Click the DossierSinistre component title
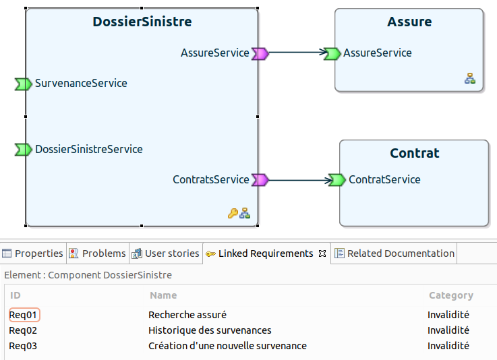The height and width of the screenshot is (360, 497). pyautogui.click(x=142, y=22)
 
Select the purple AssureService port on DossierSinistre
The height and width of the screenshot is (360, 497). pyautogui.click(x=260, y=53)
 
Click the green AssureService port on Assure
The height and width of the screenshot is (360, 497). pyautogui.click(x=332, y=53)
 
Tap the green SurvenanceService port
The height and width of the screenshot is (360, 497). pyautogui.click(x=24, y=84)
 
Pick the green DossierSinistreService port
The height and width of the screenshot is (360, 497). pyautogui.click(x=24, y=150)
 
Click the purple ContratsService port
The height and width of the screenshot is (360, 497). pyautogui.click(x=260, y=180)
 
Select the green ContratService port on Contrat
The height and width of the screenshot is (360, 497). pyautogui.click(x=337, y=180)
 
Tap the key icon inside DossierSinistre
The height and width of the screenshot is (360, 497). pyautogui.click(x=233, y=213)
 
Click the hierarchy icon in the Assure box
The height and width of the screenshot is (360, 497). pyautogui.click(x=470, y=78)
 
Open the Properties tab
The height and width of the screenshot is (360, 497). pyautogui.click(x=33, y=253)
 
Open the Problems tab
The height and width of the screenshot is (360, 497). pyautogui.click(x=98, y=253)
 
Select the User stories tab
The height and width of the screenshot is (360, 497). pyautogui.click(x=166, y=253)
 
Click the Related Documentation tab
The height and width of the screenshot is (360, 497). pyautogui.click(x=394, y=253)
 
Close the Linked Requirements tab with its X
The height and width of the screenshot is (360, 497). pyautogui.click(x=322, y=253)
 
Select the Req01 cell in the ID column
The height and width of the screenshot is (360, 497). pyautogui.click(x=23, y=315)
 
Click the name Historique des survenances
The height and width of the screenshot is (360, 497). pyautogui.click(x=210, y=330)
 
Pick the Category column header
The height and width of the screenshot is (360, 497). pyautogui.click(x=451, y=295)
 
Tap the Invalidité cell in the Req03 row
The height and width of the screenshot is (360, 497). pyautogui.click(x=448, y=346)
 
